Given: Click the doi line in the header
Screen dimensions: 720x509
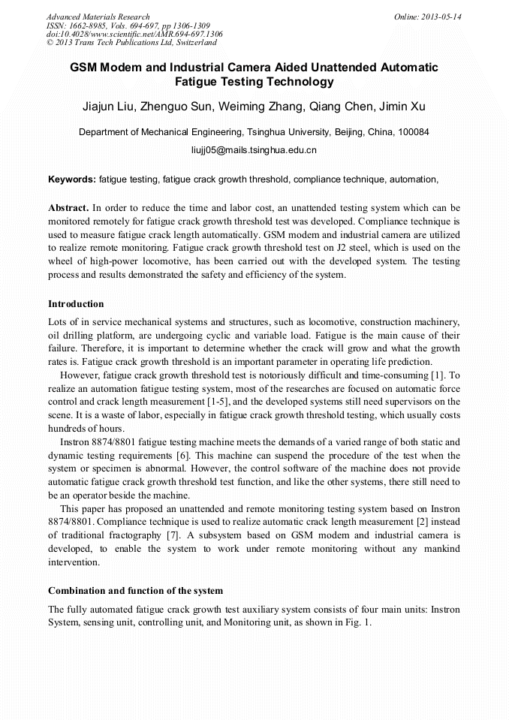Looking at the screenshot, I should [134, 35].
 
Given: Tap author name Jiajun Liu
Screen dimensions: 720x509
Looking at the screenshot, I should [109, 107].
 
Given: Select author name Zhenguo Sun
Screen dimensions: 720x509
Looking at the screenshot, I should [178, 107].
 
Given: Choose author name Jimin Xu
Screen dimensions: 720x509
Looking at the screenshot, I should [403, 107].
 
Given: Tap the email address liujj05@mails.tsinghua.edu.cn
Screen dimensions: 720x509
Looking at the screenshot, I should [254, 150].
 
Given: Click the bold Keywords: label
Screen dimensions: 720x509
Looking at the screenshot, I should [71, 180].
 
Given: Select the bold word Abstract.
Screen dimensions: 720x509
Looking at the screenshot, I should [68, 206].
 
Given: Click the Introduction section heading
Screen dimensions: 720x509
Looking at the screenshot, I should [76, 304].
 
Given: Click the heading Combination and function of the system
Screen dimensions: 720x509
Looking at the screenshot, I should [135, 591].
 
